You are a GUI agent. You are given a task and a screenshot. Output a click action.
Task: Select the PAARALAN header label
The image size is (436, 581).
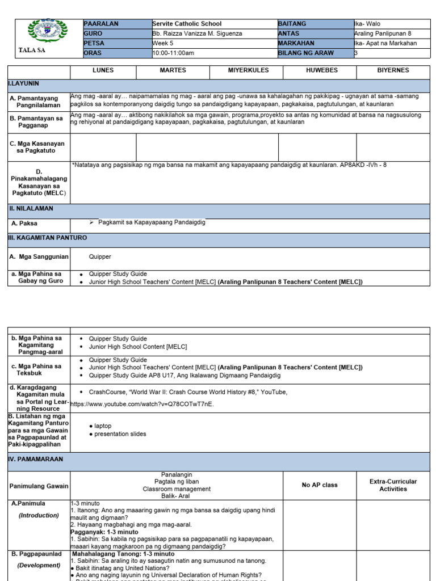(101, 24)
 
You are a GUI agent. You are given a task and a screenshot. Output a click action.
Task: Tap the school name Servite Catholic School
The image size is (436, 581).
(187, 24)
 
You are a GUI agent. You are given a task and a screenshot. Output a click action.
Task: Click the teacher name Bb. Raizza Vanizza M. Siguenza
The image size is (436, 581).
(197, 33)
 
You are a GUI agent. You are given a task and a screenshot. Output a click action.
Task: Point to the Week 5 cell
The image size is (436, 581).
(164, 43)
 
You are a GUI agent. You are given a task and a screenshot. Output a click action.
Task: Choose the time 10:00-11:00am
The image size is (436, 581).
(173, 53)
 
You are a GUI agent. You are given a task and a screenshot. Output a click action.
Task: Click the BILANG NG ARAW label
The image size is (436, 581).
(305, 53)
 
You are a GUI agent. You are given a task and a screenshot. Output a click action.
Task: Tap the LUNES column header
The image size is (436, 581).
(103, 70)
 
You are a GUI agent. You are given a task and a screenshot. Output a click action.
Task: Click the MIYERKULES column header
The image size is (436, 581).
(244, 70)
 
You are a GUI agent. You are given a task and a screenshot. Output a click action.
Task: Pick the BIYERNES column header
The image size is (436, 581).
(393, 70)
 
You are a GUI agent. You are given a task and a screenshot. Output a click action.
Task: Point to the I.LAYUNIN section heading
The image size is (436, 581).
(23, 83)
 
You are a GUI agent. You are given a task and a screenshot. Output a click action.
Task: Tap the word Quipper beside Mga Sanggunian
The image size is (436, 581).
(100, 257)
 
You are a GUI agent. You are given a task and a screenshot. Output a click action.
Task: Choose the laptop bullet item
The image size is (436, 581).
(103, 426)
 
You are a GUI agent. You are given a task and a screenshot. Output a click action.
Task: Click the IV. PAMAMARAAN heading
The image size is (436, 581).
(35, 459)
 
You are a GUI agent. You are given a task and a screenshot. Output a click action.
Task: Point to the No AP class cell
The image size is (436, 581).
(320, 485)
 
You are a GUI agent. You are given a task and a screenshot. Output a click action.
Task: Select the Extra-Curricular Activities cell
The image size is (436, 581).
(393, 485)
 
